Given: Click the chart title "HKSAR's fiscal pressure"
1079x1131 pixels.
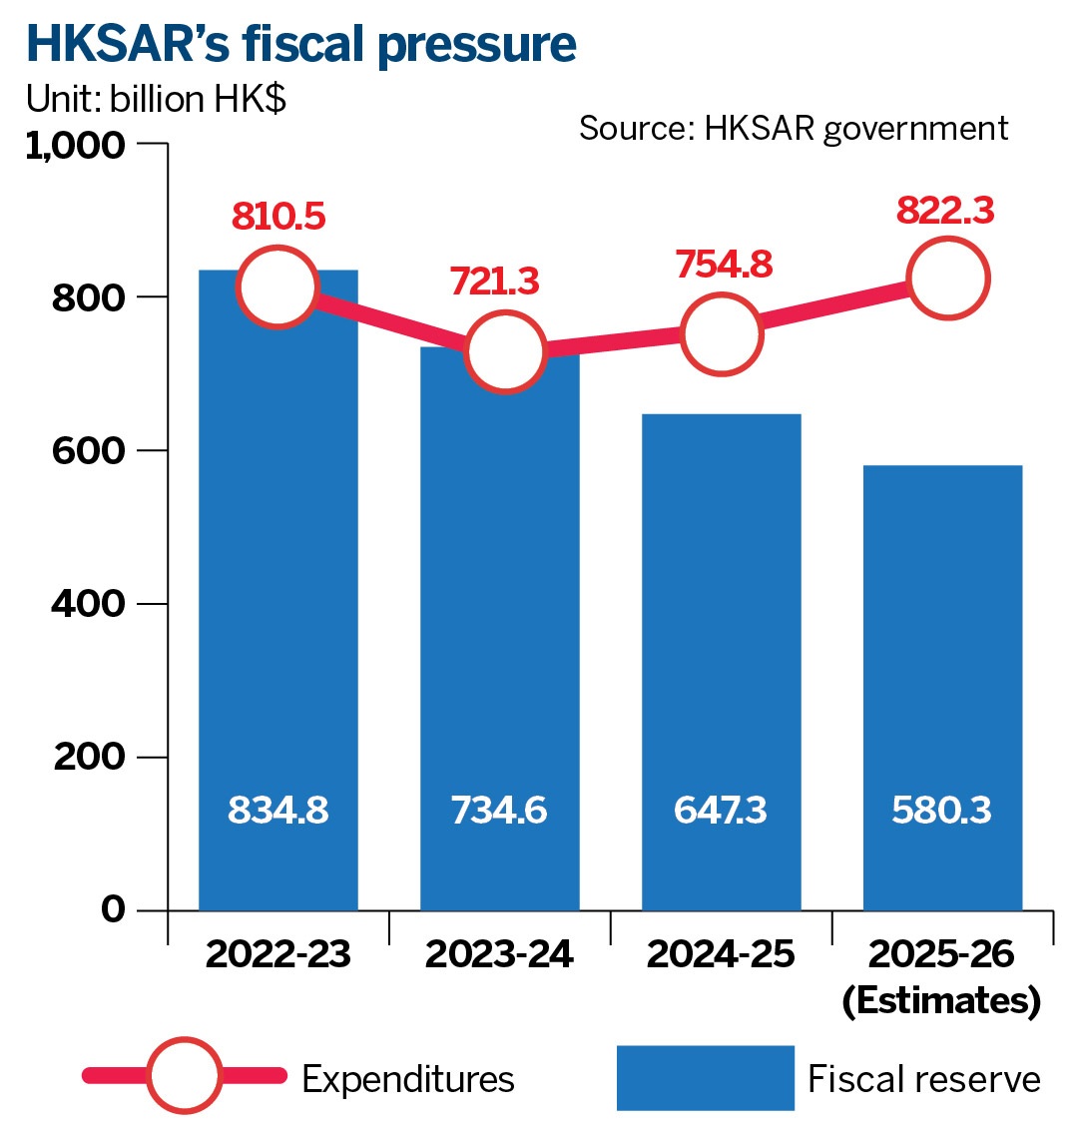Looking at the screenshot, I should click(300, 45).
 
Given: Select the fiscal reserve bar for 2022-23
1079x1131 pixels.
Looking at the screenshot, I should click(277, 599).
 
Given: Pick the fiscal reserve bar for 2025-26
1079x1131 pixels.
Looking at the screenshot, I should click(942, 679).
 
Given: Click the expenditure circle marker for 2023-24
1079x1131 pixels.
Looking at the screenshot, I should click(505, 351).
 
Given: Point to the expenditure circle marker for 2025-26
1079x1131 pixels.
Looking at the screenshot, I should click(947, 279).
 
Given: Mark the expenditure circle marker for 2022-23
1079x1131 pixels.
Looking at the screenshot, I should click(277, 287).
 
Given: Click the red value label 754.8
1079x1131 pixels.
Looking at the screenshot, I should click(723, 266).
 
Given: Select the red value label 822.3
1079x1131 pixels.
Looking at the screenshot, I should click(945, 212).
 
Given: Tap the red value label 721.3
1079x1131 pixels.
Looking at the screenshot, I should click(494, 282).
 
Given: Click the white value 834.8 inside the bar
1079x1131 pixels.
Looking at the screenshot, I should click(277, 811).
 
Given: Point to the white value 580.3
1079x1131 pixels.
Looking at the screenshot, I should click(942, 811).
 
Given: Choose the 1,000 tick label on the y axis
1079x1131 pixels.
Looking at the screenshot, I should click(76, 146).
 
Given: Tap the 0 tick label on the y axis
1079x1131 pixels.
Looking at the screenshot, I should click(113, 909).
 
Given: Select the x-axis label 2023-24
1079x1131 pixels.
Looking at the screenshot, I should click(499, 954).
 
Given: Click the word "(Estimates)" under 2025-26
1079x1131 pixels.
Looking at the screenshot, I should click(941, 1000).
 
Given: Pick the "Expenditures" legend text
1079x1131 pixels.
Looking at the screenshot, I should click(408, 1079).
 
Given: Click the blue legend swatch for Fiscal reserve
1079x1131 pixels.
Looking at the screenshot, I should click(705, 1078).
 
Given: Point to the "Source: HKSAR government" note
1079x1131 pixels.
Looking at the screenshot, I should click(794, 128).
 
